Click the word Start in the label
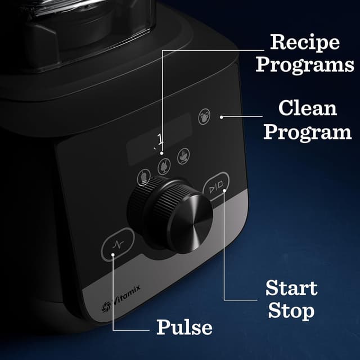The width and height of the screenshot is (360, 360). tap(291, 289)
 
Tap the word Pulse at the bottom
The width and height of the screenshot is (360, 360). tap(184, 327)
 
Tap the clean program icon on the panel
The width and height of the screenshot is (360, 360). tap(205, 117)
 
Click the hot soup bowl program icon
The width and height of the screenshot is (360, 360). tap(183, 156)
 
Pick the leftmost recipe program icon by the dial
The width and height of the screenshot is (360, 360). tap(145, 178)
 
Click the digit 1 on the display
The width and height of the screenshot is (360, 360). tap(160, 138)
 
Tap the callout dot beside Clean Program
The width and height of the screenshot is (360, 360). tap(222, 118)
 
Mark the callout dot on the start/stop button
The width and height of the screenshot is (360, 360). tap(224, 191)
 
